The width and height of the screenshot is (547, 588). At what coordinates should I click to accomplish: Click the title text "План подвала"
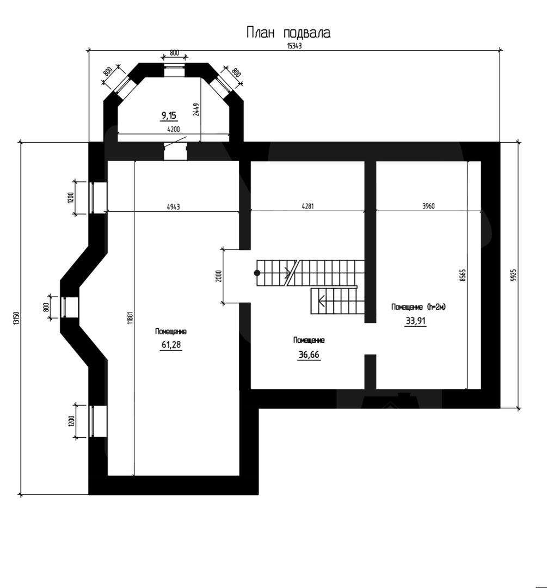[x=288, y=33]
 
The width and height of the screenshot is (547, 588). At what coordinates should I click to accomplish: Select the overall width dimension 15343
[x=294, y=46]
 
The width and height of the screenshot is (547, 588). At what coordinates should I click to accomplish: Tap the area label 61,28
[x=171, y=344]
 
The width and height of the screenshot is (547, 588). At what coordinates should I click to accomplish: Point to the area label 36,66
[x=309, y=354]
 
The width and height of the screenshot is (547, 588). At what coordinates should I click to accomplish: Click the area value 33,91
[x=416, y=321]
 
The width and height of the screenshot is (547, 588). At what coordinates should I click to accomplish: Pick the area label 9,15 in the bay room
[x=169, y=115]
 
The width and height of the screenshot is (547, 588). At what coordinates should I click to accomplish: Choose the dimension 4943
[x=173, y=207]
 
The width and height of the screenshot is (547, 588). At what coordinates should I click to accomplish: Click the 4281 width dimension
[x=308, y=206]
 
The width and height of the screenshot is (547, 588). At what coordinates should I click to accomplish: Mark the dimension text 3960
[x=428, y=206]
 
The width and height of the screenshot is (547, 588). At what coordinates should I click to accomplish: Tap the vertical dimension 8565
[x=463, y=275]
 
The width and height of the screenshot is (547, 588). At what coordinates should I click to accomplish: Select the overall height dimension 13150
[x=16, y=318]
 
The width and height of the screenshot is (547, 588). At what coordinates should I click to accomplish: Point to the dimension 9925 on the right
[x=514, y=275]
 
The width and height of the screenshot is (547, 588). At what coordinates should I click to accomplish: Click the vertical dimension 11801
[x=130, y=318]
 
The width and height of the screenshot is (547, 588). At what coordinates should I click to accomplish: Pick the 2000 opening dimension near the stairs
[x=219, y=276]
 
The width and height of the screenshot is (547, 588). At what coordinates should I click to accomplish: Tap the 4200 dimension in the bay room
[x=173, y=130]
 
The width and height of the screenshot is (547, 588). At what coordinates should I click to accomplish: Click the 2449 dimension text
[x=196, y=109]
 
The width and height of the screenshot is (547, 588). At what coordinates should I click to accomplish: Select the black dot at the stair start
[x=257, y=273]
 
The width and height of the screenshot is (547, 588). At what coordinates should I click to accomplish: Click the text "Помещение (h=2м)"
[x=419, y=307]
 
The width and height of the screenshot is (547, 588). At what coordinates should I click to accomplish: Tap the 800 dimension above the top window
[x=174, y=53]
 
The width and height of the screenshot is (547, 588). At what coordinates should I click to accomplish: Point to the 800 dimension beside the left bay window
[x=46, y=308]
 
